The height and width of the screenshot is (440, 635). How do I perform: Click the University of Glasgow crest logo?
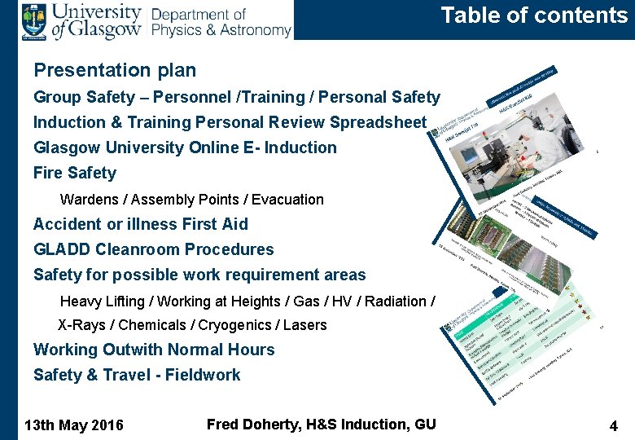coord(34,20)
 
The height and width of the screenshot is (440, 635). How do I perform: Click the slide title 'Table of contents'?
coord(534,15)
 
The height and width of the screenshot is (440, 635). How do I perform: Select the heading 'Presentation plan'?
coord(115,71)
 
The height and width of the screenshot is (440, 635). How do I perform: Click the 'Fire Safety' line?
coord(75,173)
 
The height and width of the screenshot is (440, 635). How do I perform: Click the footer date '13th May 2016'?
coord(75,425)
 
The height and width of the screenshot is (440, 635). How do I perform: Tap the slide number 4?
coord(613,425)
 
